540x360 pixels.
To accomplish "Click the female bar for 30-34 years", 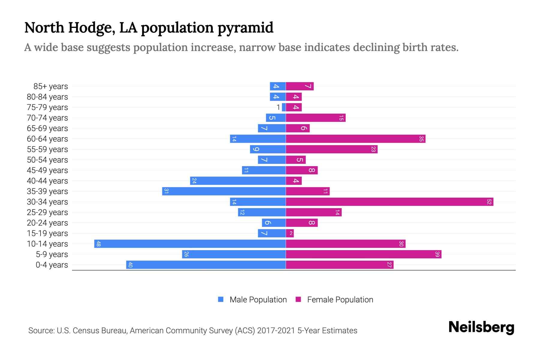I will click(x=389, y=202).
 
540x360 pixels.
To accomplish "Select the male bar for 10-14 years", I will click(x=190, y=244).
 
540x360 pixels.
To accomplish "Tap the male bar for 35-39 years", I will click(x=224, y=191).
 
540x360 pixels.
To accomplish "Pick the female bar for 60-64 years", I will click(x=355, y=139).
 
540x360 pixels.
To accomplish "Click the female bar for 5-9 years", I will click(x=363, y=254).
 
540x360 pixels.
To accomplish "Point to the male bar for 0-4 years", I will click(x=206, y=265).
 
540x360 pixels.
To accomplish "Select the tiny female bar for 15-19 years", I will click(x=290, y=233).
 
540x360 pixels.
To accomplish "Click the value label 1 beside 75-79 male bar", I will click(x=278, y=107).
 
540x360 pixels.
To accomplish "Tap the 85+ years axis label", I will click(x=51, y=86).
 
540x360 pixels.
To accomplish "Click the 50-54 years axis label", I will click(x=47, y=160).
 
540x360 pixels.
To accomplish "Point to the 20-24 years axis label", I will click(x=47, y=223).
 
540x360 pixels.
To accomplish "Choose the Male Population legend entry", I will click(x=258, y=300).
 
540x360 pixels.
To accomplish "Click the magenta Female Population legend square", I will click(x=298, y=299).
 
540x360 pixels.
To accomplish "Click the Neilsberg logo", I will click(x=481, y=327).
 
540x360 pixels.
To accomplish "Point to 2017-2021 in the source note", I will click(x=276, y=331).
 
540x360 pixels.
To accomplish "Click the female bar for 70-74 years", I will click(x=316, y=118).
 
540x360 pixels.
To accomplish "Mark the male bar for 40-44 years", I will click(x=238, y=181).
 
